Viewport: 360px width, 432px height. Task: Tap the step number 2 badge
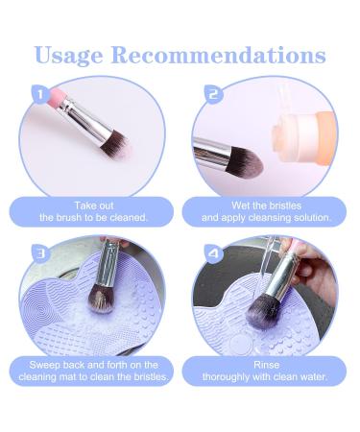coord(213,94)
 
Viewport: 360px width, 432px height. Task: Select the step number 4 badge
coord(213,252)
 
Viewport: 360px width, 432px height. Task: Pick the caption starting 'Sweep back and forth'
coord(93,370)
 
